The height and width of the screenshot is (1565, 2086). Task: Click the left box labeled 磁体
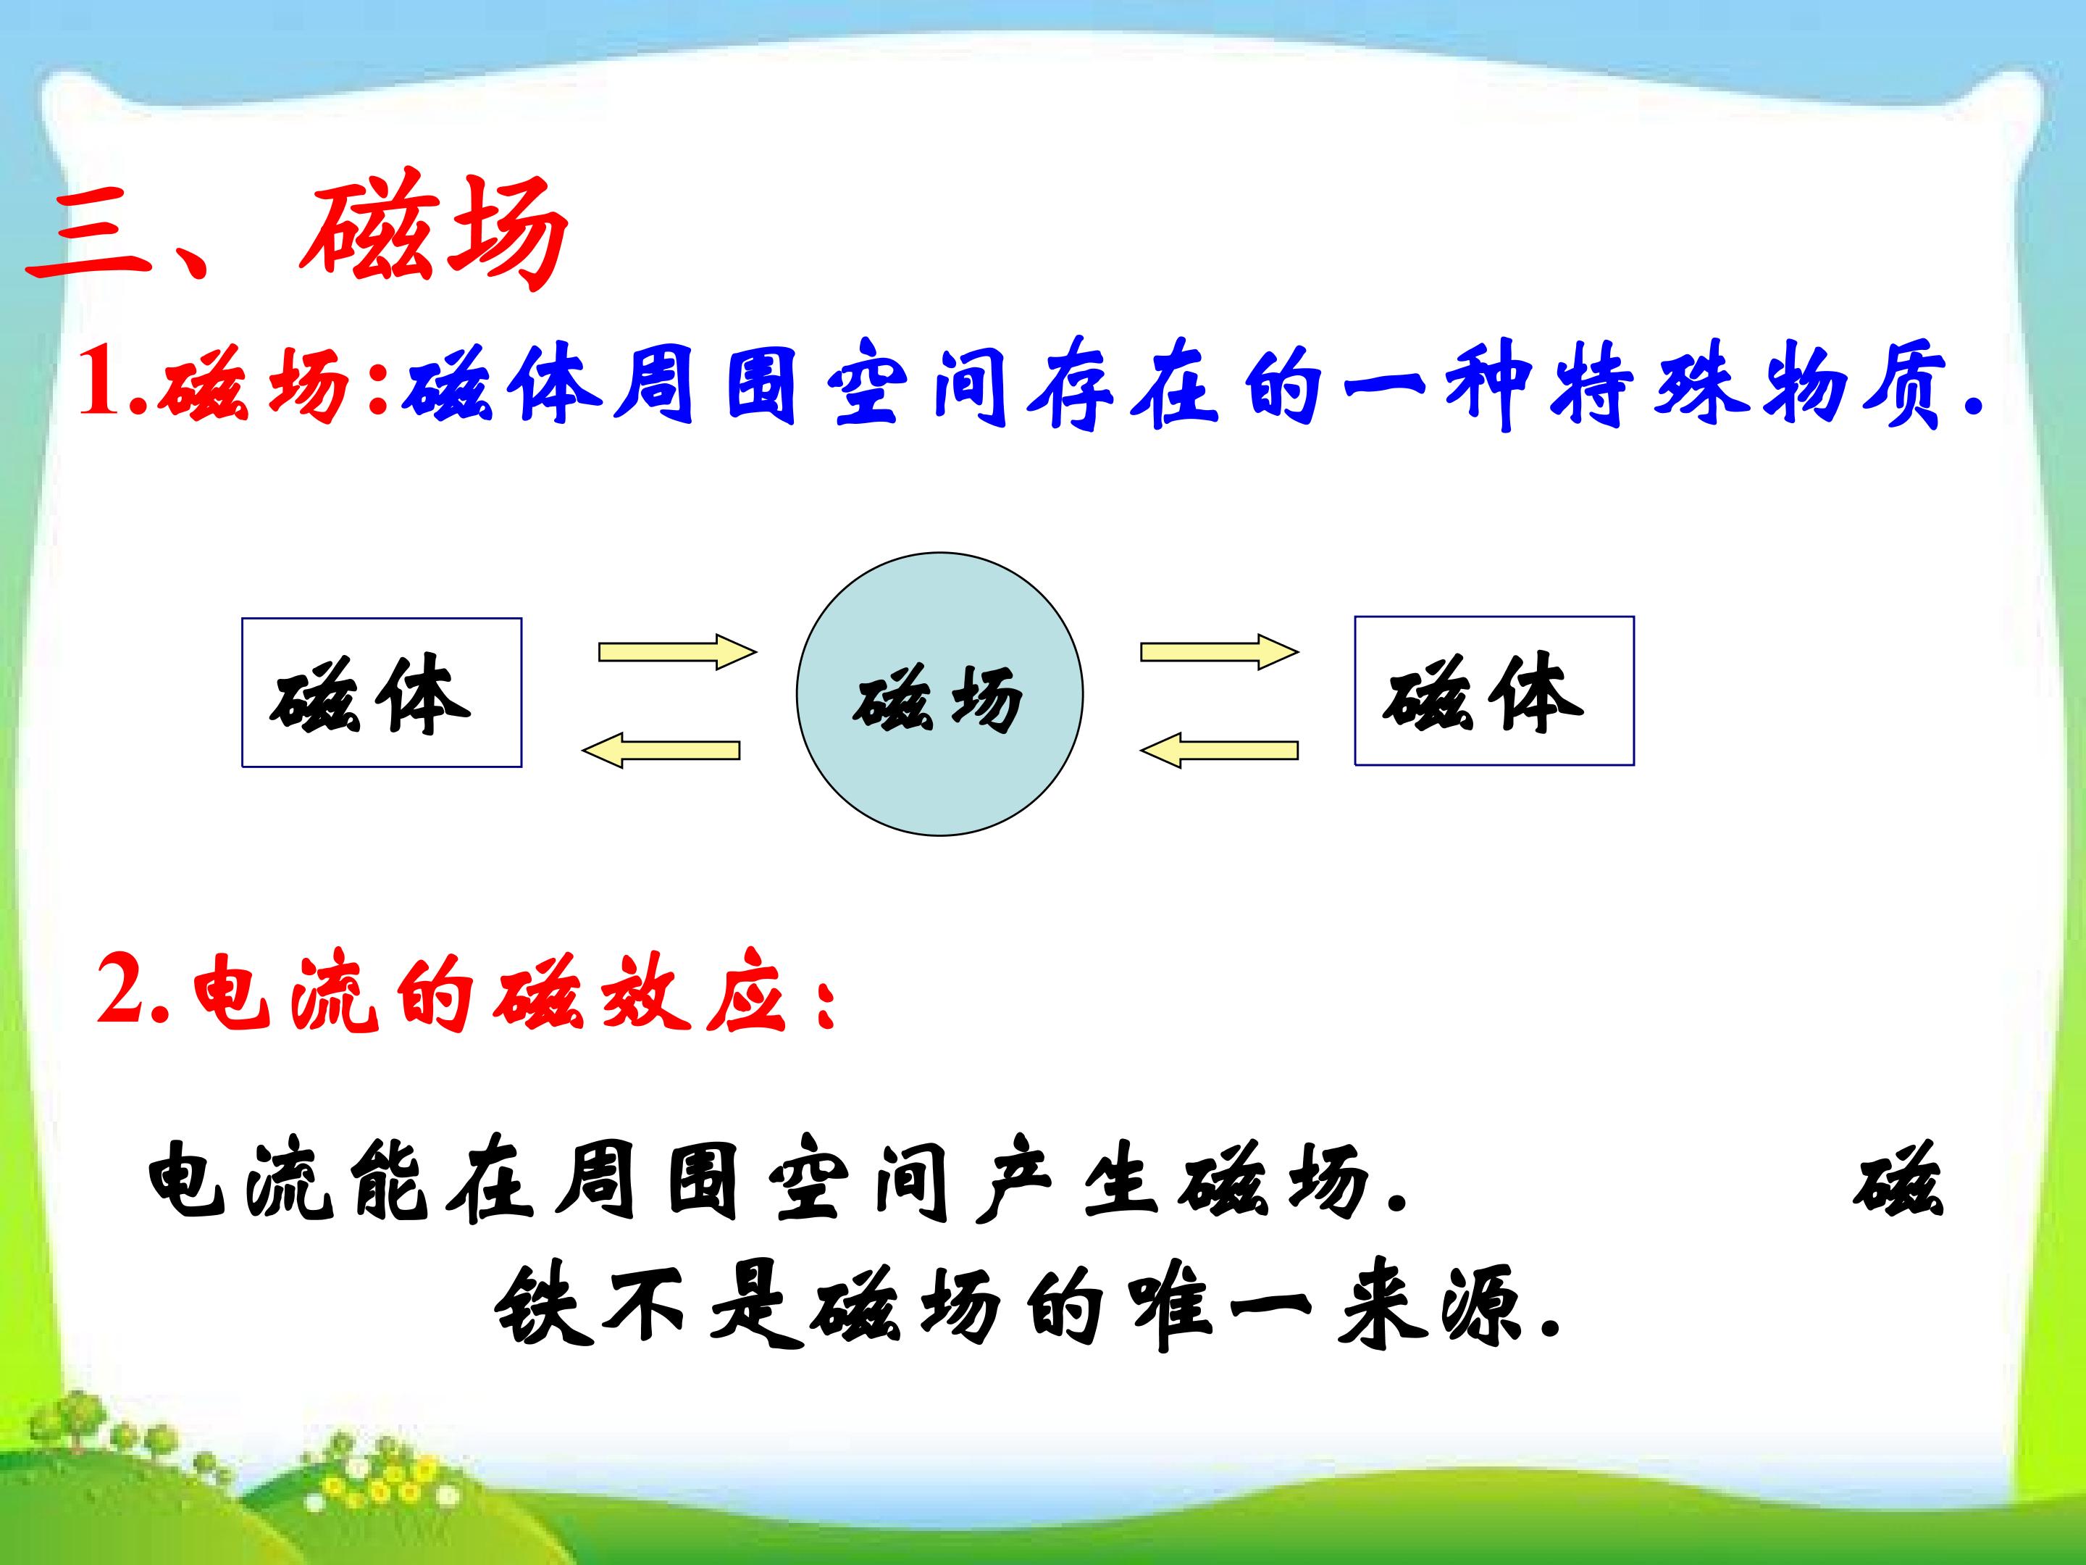click(x=382, y=693)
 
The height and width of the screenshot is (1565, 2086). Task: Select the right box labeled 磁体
click(x=1494, y=690)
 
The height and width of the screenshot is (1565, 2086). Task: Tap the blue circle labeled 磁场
click(x=939, y=694)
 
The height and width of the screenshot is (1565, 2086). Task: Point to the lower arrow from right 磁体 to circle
click(x=1219, y=750)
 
